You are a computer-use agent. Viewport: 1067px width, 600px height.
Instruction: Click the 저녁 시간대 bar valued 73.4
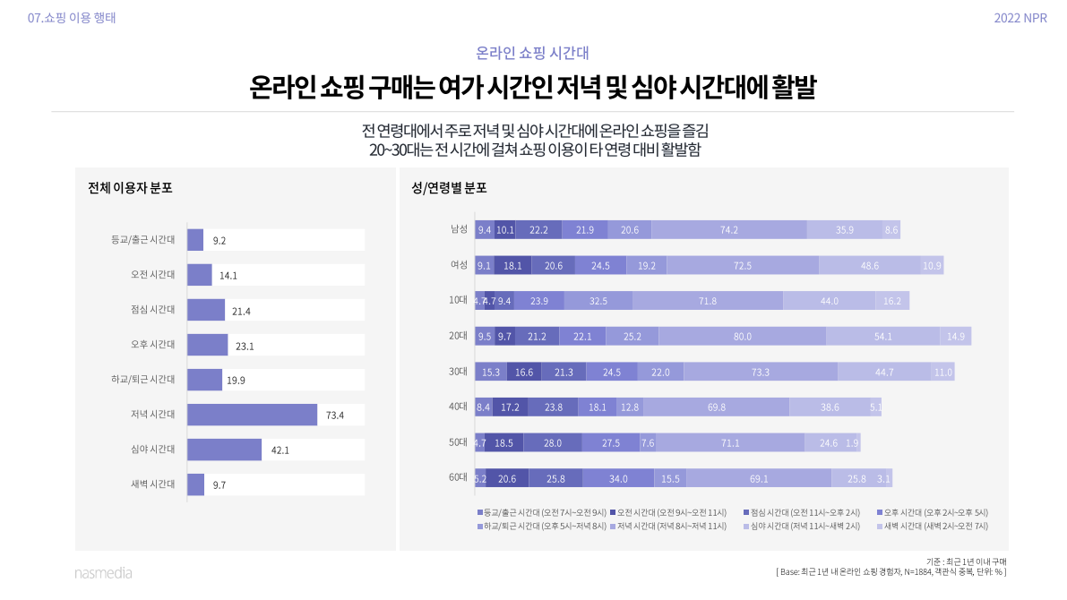(252, 415)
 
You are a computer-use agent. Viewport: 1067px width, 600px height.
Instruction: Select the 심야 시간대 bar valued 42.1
(224, 450)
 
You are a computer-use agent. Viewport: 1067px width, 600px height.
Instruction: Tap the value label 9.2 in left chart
(219, 240)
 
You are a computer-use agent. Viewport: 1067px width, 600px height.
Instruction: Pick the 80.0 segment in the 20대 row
(742, 337)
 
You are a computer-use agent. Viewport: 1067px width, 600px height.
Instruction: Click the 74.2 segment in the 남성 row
(728, 230)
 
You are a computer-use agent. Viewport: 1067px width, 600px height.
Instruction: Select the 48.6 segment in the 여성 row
(869, 265)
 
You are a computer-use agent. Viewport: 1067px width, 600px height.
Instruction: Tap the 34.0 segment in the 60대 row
(617, 478)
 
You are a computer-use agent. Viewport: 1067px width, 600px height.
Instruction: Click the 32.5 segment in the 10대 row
(598, 301)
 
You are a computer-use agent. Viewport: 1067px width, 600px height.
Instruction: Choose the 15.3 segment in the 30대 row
(491, 372)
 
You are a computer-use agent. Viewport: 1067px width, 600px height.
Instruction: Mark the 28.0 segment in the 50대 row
(552, 442)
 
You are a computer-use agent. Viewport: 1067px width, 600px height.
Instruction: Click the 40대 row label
(458, 407)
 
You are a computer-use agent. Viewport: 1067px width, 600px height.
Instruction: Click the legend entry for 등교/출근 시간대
(541, 512)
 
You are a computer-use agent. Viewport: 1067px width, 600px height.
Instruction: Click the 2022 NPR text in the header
(1020, 18)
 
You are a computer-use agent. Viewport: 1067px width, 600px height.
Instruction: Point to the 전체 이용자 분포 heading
(130, 188)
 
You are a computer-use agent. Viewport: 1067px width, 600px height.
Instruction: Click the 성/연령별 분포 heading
(449, 188)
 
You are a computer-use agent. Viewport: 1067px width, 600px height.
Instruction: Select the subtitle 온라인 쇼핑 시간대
(532, 53)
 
